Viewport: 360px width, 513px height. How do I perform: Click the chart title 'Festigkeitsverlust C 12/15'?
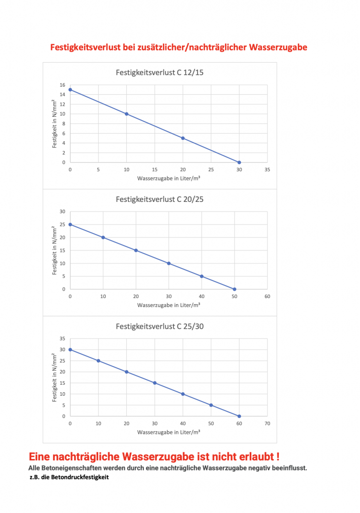pos(159,73)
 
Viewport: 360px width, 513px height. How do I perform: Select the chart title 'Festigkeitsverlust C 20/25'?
pos(159,199)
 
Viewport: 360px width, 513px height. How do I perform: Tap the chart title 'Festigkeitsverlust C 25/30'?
pos(159,326)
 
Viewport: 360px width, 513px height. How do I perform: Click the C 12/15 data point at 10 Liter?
pos(126,114)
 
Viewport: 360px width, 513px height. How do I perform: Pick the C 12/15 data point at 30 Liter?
pos(239,162)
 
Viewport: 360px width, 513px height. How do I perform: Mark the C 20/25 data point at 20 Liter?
pos(136,250)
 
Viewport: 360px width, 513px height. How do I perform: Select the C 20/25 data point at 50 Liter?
pos(234,289)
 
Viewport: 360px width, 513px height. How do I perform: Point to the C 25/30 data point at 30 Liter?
pos(154,383)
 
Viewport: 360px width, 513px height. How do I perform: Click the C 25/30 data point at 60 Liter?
pos(239,416)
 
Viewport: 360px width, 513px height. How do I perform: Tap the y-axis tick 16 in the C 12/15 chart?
pos(63,85)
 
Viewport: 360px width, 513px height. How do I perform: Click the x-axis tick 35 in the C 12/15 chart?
pos(267,170)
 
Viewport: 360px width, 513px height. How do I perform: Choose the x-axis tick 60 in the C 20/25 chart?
pos(267,297)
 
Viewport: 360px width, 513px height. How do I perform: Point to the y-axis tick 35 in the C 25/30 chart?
pos(63,339)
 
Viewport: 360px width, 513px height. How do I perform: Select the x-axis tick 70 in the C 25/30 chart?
pos(267,424)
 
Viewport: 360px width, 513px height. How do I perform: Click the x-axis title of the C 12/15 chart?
pos(168,178)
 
